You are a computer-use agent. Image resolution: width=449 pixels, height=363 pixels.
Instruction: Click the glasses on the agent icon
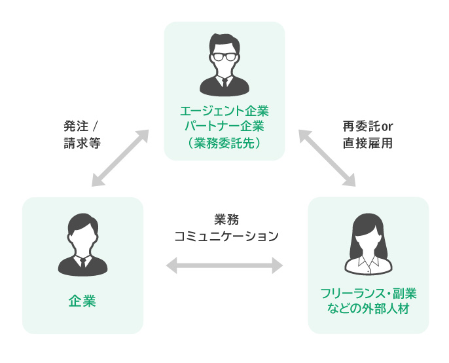tap(224, 57)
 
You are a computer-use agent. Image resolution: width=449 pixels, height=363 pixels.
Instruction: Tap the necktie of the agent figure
tap(224, 83)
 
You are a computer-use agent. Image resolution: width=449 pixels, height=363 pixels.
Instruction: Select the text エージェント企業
tap(224, 110)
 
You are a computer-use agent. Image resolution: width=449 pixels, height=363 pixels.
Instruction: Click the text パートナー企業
tap(224, 125)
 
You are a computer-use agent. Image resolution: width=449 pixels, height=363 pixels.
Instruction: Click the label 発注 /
tap(81, 126)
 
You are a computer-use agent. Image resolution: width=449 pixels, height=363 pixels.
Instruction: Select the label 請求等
tap(81, 142)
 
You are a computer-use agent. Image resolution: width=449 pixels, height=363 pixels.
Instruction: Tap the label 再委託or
tap(367, 126)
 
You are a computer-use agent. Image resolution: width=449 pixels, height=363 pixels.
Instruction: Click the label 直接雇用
tap(367, 142)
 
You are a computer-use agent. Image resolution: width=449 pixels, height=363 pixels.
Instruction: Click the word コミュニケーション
tap(224, 236)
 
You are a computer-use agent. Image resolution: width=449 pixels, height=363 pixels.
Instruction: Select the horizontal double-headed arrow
tap(224, 265)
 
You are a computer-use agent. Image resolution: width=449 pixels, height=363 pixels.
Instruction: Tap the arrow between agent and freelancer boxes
tap(327, 158)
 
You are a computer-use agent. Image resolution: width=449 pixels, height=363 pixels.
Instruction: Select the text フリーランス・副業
tap(368, 293)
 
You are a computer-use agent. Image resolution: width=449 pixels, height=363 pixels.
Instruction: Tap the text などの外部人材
tap(368, 308)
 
